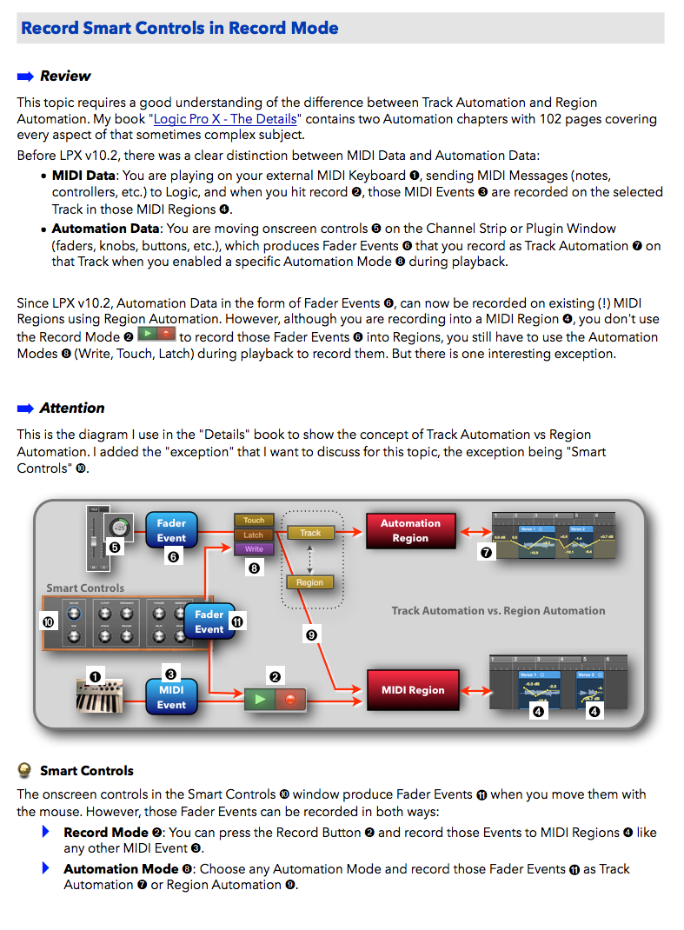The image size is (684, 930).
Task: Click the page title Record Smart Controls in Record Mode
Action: click(179, 28)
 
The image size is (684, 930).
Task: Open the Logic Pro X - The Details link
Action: click(225, 119)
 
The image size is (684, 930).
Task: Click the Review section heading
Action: click(65, 76)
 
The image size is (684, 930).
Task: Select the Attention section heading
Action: click(72, 408)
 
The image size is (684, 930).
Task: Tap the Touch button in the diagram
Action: click(254, 521)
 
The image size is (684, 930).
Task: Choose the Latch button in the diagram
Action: click(254, 535)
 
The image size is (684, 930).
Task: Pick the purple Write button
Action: click(254, 549)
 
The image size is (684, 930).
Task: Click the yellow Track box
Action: click(310, 533)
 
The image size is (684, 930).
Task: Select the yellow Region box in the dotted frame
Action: click(310, 582)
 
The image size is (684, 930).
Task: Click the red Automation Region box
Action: click(410, 530)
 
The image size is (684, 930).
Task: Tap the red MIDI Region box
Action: click(413, 690)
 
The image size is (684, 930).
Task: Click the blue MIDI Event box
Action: click(171, 697)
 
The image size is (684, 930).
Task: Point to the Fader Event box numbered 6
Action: click(171, 530)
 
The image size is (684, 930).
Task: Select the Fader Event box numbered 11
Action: click(209, 621)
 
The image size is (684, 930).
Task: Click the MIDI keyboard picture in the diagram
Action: click(97, 695)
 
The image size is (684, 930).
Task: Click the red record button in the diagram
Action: click(290, 698)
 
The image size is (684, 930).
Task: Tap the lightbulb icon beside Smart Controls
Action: click(24, 770)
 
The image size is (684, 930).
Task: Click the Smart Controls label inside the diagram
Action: click(85, 588)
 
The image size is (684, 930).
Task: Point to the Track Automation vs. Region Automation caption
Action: click(498, 611)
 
